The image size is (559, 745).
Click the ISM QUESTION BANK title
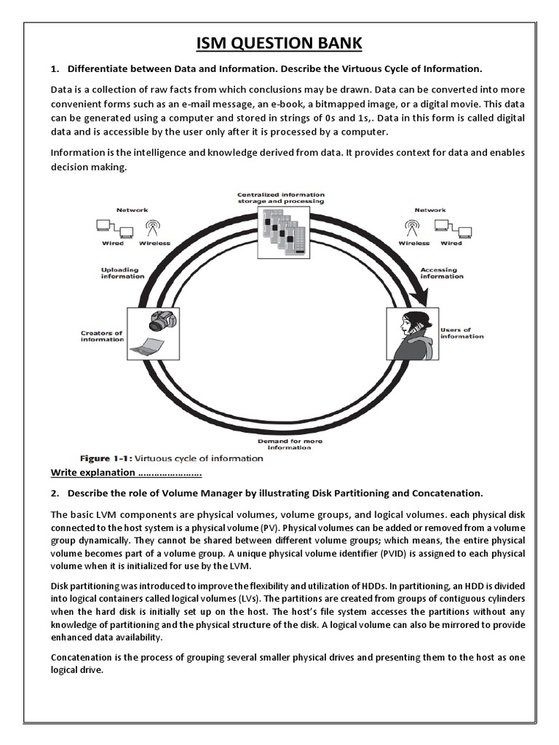279,44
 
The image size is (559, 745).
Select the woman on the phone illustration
411,335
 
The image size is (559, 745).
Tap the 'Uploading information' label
119,273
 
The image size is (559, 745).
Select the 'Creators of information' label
101,336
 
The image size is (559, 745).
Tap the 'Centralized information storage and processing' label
280,198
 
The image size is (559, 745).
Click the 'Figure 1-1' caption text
172,458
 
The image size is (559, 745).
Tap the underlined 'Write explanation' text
125,473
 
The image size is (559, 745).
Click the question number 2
55,493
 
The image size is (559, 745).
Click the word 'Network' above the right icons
430,210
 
